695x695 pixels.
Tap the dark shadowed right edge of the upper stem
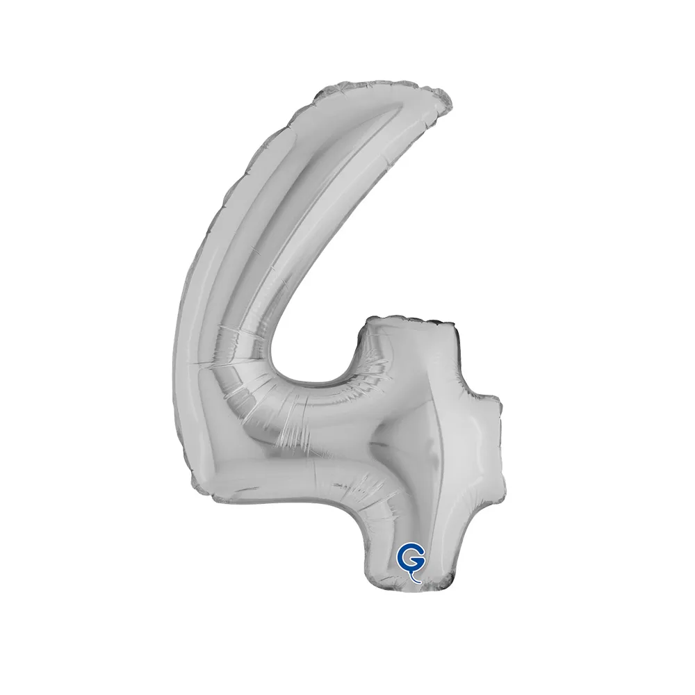click(457, 354)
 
